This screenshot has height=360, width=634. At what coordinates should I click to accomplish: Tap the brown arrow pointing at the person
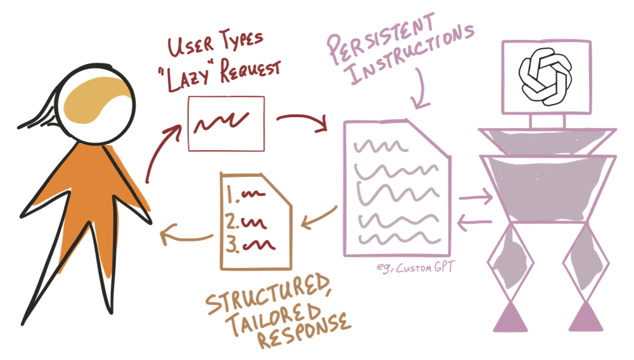184,236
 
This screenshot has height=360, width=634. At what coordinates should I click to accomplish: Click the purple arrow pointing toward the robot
476,198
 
